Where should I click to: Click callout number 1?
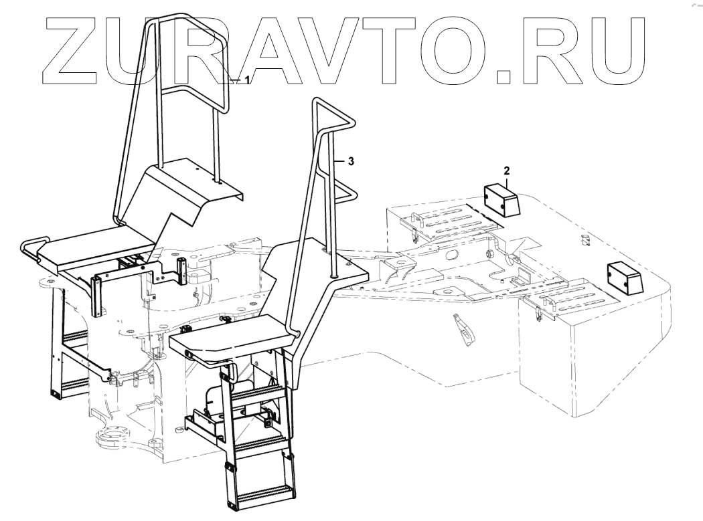[x=247, y=80]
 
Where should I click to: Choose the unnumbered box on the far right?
[x=623, y=277]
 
